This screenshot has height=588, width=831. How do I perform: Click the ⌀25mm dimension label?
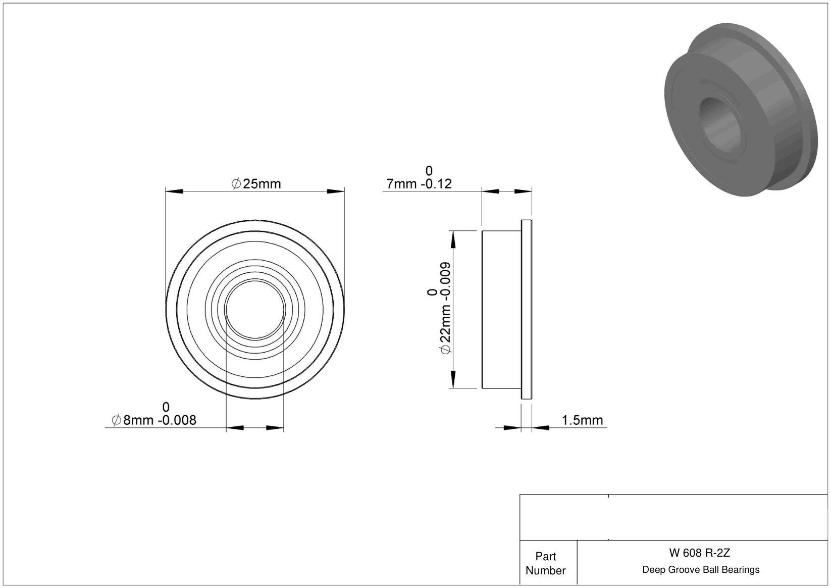click(x=256, y=184)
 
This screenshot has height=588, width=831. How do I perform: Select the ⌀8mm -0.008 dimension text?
click(x=153, y=420)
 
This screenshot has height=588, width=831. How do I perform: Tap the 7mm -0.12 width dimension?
click(x=419, y=184)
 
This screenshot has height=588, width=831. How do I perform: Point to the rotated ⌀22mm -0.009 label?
click(x=445, y=308)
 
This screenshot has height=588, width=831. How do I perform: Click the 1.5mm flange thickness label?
click(x=582, y=420)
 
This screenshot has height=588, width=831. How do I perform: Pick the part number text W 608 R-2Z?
click(x=699, y=553)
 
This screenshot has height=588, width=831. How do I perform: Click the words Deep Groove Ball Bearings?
click(x=701, y=569)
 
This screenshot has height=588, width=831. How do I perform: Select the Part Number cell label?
click(x=545, y=563)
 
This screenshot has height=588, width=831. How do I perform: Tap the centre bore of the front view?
click(x=255, y=309)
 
